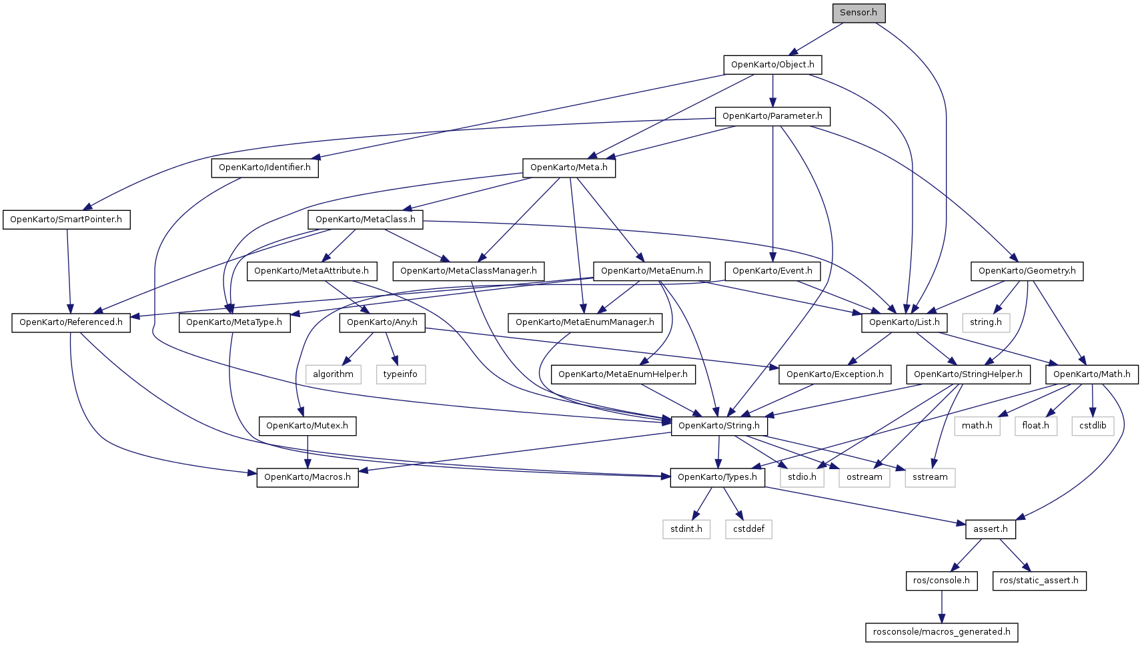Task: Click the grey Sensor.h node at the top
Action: point(859,13)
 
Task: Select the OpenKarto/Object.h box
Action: point(772,65)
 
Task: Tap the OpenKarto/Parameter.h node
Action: point(772,116)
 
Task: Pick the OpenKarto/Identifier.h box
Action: point(265,168)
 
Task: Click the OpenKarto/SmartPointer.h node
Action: point(66,220)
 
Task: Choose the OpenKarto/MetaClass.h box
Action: point(366,220)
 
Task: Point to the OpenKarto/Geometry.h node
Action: point(1027,271)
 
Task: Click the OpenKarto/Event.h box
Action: point(772,271)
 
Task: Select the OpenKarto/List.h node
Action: point(904,323)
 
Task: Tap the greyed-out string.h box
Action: point(985,323)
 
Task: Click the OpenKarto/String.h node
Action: point(719,426)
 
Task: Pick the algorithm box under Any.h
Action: point(333,374)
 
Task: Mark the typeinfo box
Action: point(400,374)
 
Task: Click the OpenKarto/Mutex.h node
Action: point(307,426)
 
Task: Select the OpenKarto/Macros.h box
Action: point(308,477)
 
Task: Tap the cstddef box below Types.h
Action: point(748,529)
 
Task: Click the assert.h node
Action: point(990,529)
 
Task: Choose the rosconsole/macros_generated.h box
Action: point(941,632)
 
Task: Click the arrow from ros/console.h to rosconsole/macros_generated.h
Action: point(942,607)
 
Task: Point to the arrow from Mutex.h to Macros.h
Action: point(308,452)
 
